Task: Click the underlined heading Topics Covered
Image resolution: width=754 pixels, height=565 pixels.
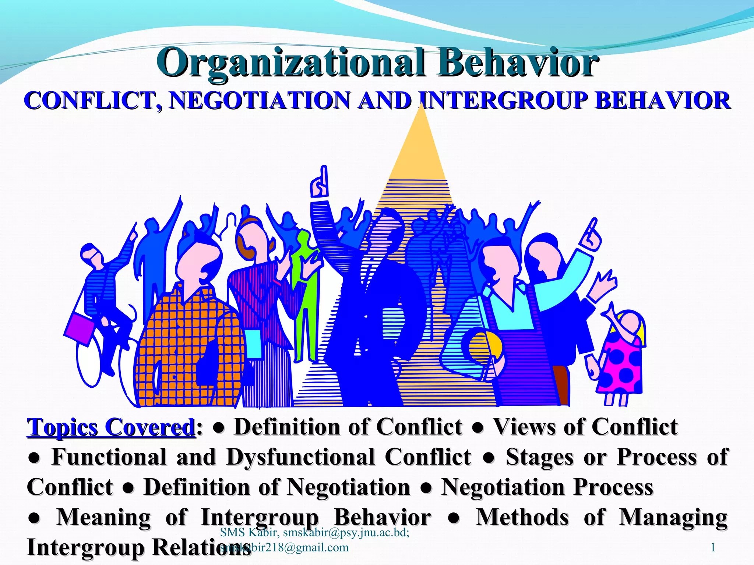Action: coord(110,427)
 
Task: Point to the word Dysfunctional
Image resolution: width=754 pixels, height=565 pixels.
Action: coord(300,457)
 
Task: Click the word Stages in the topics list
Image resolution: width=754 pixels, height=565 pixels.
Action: coord(539,457)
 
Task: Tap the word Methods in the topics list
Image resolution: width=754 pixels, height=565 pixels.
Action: coord(522,517)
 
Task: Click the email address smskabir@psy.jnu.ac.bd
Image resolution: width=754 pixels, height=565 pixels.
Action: coord(346,532)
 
